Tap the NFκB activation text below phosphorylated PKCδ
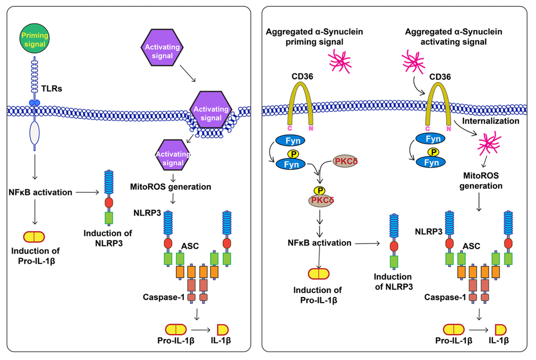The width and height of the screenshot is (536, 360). [319, 243]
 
